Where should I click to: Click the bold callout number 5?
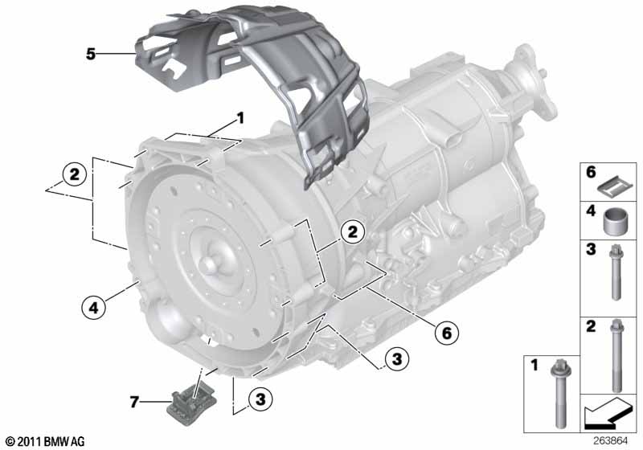(x=91, y=54)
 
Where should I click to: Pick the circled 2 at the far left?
(x=73, y=174)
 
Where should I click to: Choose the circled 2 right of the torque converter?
(x=351, y=233)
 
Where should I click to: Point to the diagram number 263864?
(x=613, y=440)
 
